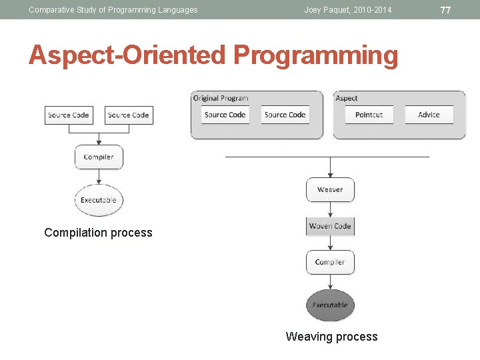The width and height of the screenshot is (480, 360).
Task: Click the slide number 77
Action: [446, 10]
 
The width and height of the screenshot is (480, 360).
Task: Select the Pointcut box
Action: [369, 115]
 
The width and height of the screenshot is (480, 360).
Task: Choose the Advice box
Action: [429, 115]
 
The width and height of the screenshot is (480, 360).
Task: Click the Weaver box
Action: [330, 190]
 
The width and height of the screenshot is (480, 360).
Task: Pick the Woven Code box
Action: [330, 227]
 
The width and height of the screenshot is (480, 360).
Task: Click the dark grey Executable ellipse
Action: [330, 305]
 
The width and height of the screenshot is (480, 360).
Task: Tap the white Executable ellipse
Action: [99, 200]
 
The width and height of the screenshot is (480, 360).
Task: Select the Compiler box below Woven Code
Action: [330, 263]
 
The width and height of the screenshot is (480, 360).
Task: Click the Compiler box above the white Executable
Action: [99, 157]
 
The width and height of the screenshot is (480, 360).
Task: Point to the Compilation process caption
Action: [98, 233]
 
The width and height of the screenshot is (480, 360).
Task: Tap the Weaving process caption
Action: [331, 337]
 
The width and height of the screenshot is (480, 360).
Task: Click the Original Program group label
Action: [221, 98]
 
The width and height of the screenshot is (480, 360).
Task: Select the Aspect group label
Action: [347, 98]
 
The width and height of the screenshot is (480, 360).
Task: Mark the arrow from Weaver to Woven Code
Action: [330, 209]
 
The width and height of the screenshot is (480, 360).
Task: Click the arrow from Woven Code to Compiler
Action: [330, 243]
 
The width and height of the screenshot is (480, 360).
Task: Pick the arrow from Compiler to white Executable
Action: [99, 177]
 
